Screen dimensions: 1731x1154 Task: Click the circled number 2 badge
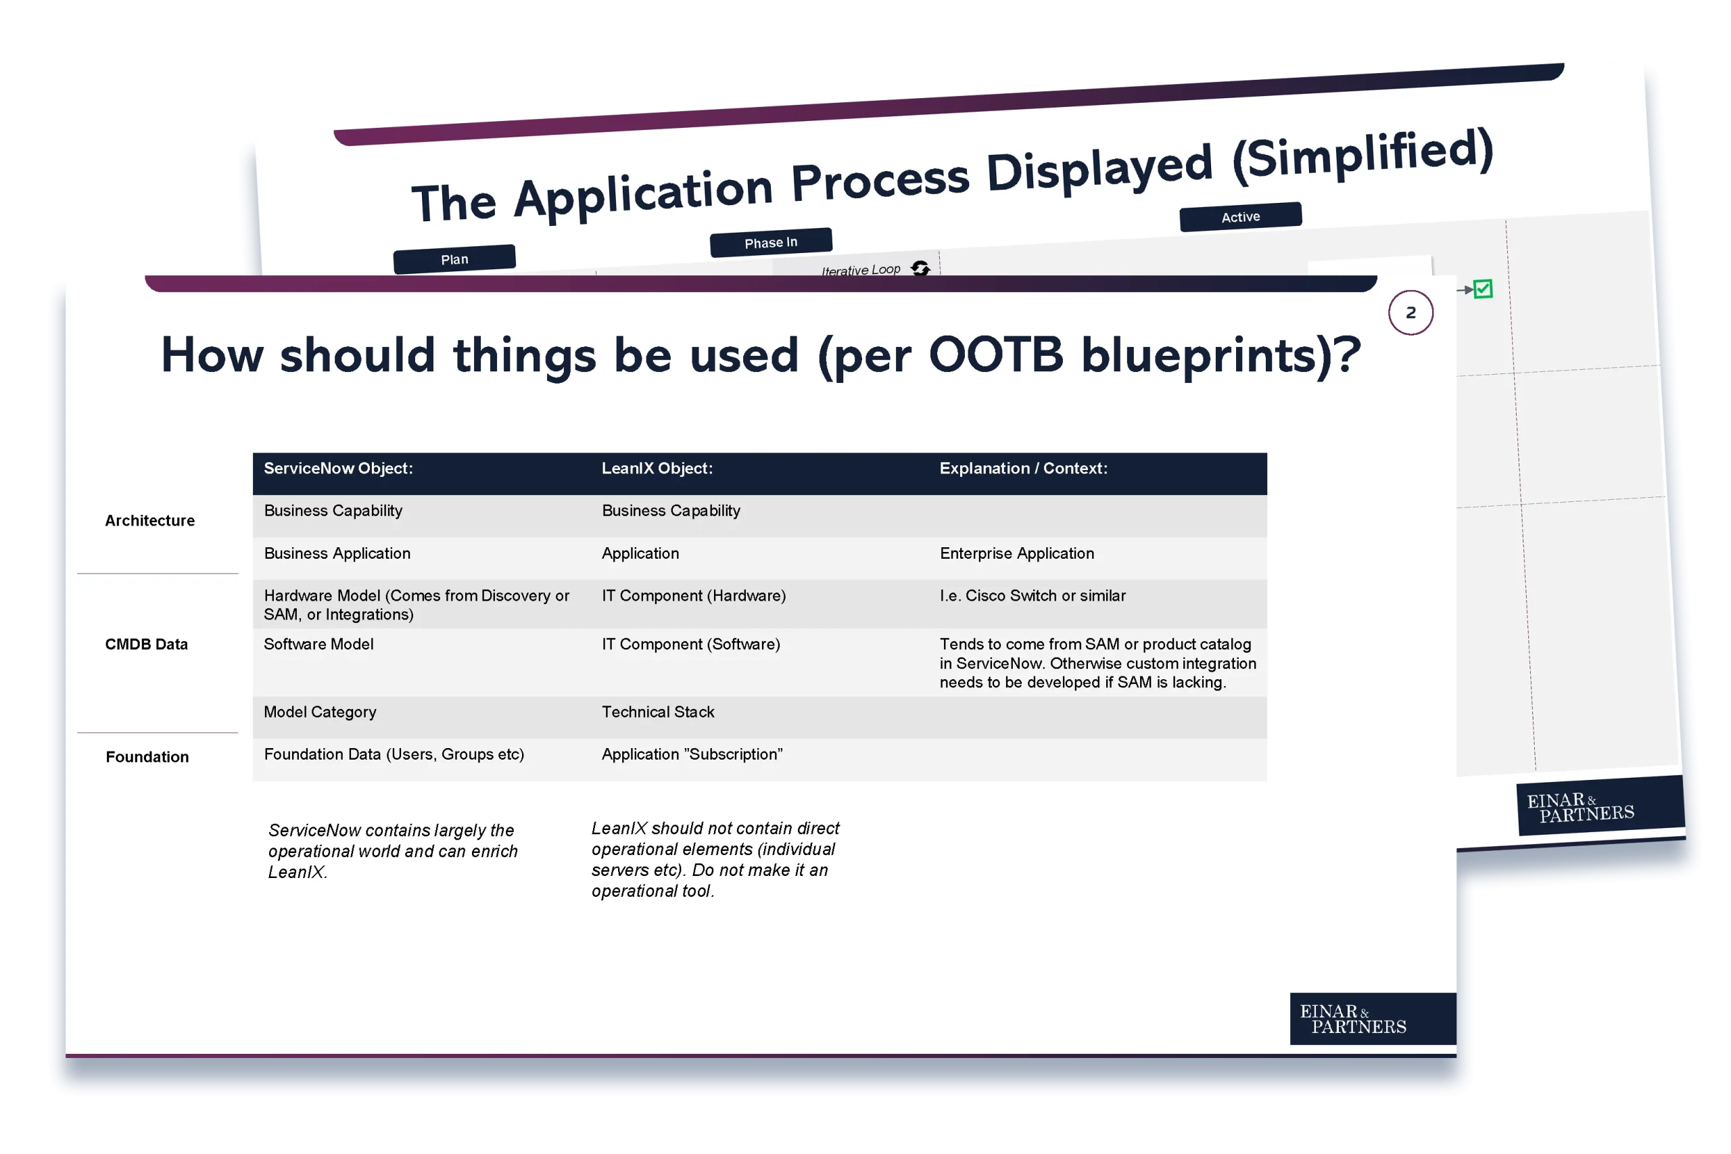[x=1410, y=313]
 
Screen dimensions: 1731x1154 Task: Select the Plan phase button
[x=454, y=259]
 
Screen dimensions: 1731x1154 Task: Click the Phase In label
[x=770, y=243]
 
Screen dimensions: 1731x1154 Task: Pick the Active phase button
[x=1240, y=217]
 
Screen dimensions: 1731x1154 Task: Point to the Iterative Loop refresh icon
[x=920, y=268]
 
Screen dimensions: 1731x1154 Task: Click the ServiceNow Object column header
[x=338, y=469]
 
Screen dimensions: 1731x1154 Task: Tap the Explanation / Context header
[x=1023, y=469]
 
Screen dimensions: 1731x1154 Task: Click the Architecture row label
[x=150, y=521]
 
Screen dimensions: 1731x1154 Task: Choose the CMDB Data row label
[x=147, y=645]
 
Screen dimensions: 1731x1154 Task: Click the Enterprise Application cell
[x=1017, y=553]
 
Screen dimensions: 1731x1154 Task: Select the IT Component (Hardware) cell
[x=694, y=596]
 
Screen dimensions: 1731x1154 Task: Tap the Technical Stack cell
[x=658, y=712]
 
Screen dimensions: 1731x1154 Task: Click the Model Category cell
[x=320, y=712]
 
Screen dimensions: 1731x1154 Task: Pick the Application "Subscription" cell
[x=692, y=754]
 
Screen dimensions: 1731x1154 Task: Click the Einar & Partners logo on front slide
[x=1373, y=1019]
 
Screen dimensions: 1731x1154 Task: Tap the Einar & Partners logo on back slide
[x=1600, y=806]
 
